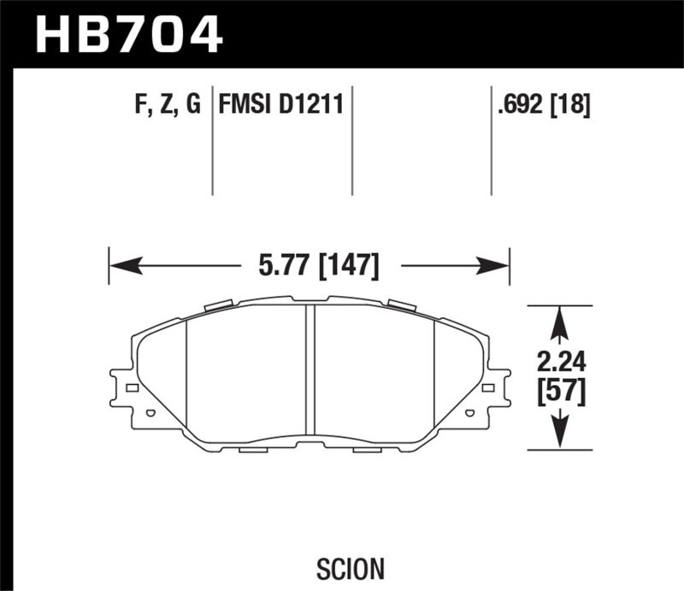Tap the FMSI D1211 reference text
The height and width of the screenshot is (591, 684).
pos(281,105)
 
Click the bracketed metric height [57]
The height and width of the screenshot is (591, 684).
pos(560,392)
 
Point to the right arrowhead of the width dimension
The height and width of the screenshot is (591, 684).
pos(498,266)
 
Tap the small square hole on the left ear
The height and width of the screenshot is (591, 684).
pos(132,388)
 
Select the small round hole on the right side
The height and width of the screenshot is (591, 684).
pos(469,413)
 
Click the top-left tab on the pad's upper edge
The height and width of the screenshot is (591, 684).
pos(220,304)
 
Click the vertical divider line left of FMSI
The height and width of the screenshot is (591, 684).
pos(212,141)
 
